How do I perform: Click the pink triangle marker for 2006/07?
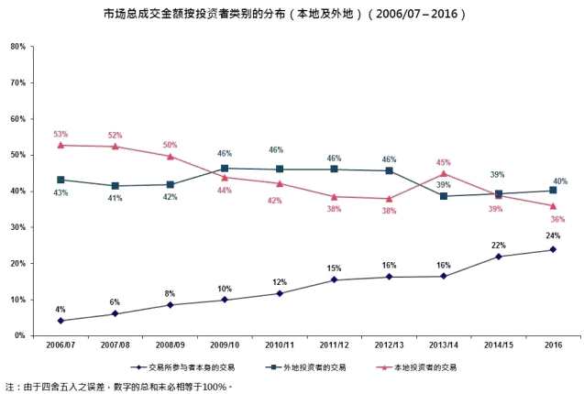pos(61,145)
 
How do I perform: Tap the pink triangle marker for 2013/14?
pos(443,173)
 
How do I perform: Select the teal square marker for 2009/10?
pos(225,169)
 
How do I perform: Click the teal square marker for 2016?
pos(553,191)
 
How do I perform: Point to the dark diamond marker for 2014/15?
pos(498,257)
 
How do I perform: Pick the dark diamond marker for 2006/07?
pos(61,321)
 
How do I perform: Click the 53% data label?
pos(61,134)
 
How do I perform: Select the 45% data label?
pos(445,162)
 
